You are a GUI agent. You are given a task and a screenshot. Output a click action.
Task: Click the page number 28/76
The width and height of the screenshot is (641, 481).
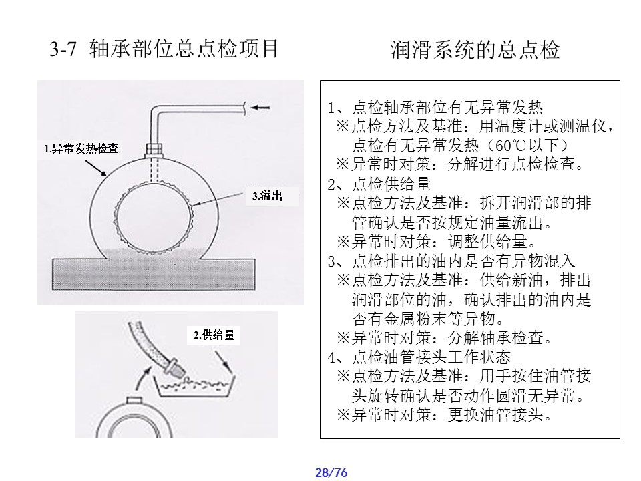[331, 472]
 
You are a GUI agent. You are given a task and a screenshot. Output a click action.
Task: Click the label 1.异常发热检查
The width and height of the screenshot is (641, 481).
[81, 148]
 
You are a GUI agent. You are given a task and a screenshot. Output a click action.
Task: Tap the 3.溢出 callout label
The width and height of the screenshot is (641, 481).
[267, 196]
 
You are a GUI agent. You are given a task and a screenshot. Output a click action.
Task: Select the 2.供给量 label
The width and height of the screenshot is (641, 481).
[214, 335]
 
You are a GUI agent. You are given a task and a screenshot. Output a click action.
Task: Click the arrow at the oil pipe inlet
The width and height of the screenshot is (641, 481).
[260, 108]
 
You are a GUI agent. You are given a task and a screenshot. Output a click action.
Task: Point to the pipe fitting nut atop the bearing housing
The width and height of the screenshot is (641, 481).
[154, 149]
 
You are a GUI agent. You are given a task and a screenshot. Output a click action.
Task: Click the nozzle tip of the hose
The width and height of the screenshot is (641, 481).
[178, 371]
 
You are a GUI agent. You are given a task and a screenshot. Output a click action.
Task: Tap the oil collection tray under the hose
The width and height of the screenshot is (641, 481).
[194, 385]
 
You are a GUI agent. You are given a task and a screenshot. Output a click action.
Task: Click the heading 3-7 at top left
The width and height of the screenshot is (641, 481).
[63, 49]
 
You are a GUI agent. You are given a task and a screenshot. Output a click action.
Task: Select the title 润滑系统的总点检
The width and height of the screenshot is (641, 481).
[475, 50]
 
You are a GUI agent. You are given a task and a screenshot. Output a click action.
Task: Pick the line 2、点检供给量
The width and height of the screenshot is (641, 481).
[379, 184]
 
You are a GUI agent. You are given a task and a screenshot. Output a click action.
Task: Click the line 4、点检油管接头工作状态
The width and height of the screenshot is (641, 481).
[419, 357]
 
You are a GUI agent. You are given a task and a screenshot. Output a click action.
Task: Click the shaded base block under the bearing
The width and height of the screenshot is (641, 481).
[154, 274]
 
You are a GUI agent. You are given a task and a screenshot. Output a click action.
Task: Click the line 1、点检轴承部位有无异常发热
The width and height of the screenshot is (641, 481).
[435, 107]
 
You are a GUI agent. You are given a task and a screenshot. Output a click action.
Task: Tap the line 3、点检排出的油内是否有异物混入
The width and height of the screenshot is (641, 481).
[451, 261]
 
